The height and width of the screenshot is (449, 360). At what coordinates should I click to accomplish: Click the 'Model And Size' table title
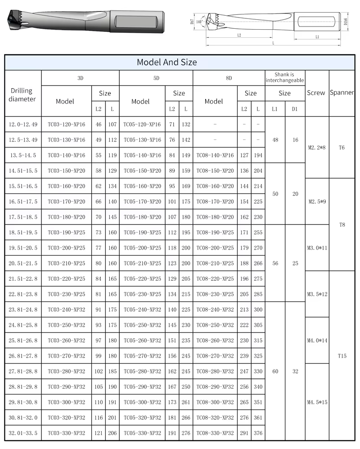167,62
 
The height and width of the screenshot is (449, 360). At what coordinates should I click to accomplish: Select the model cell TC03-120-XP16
66,124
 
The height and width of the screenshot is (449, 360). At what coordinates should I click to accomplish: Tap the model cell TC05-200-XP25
142,248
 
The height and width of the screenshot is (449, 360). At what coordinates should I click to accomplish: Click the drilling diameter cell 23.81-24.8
23,310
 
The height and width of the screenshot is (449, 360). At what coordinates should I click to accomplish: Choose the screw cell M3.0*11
317,248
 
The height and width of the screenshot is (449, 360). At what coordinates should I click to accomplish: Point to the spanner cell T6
342,147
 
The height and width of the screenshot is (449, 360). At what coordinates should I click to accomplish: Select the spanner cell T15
342,356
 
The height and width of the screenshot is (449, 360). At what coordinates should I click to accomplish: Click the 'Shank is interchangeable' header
284,77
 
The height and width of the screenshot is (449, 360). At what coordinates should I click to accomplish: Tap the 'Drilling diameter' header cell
22,94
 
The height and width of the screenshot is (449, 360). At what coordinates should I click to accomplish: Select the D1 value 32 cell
295,372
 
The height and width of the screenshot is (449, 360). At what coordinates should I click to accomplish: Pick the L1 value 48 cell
275,139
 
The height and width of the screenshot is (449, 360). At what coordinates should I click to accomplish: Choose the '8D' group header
229,78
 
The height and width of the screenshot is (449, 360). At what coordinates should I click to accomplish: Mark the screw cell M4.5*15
317,402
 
